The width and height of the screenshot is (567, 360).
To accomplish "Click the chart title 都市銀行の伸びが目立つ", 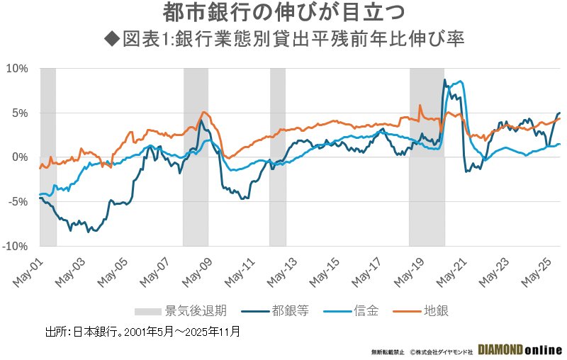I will [x=283, y=13].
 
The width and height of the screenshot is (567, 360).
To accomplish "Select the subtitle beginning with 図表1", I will [x=283, y=38].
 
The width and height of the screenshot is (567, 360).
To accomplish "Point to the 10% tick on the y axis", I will [x=16, y=69].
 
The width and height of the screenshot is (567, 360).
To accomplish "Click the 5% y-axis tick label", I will [x=18, y=113].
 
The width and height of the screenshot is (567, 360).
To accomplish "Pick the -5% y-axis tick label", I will [x=17, y=201].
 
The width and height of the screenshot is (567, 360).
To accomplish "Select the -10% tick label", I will [x=15, y=246].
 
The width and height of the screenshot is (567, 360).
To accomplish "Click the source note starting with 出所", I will [x=142, y=331].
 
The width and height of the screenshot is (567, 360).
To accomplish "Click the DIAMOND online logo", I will [x=520, y=350].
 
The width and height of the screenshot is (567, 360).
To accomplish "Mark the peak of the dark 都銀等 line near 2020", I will [x=444, y=80].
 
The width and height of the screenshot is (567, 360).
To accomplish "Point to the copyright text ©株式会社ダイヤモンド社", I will [x=441, y=351].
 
